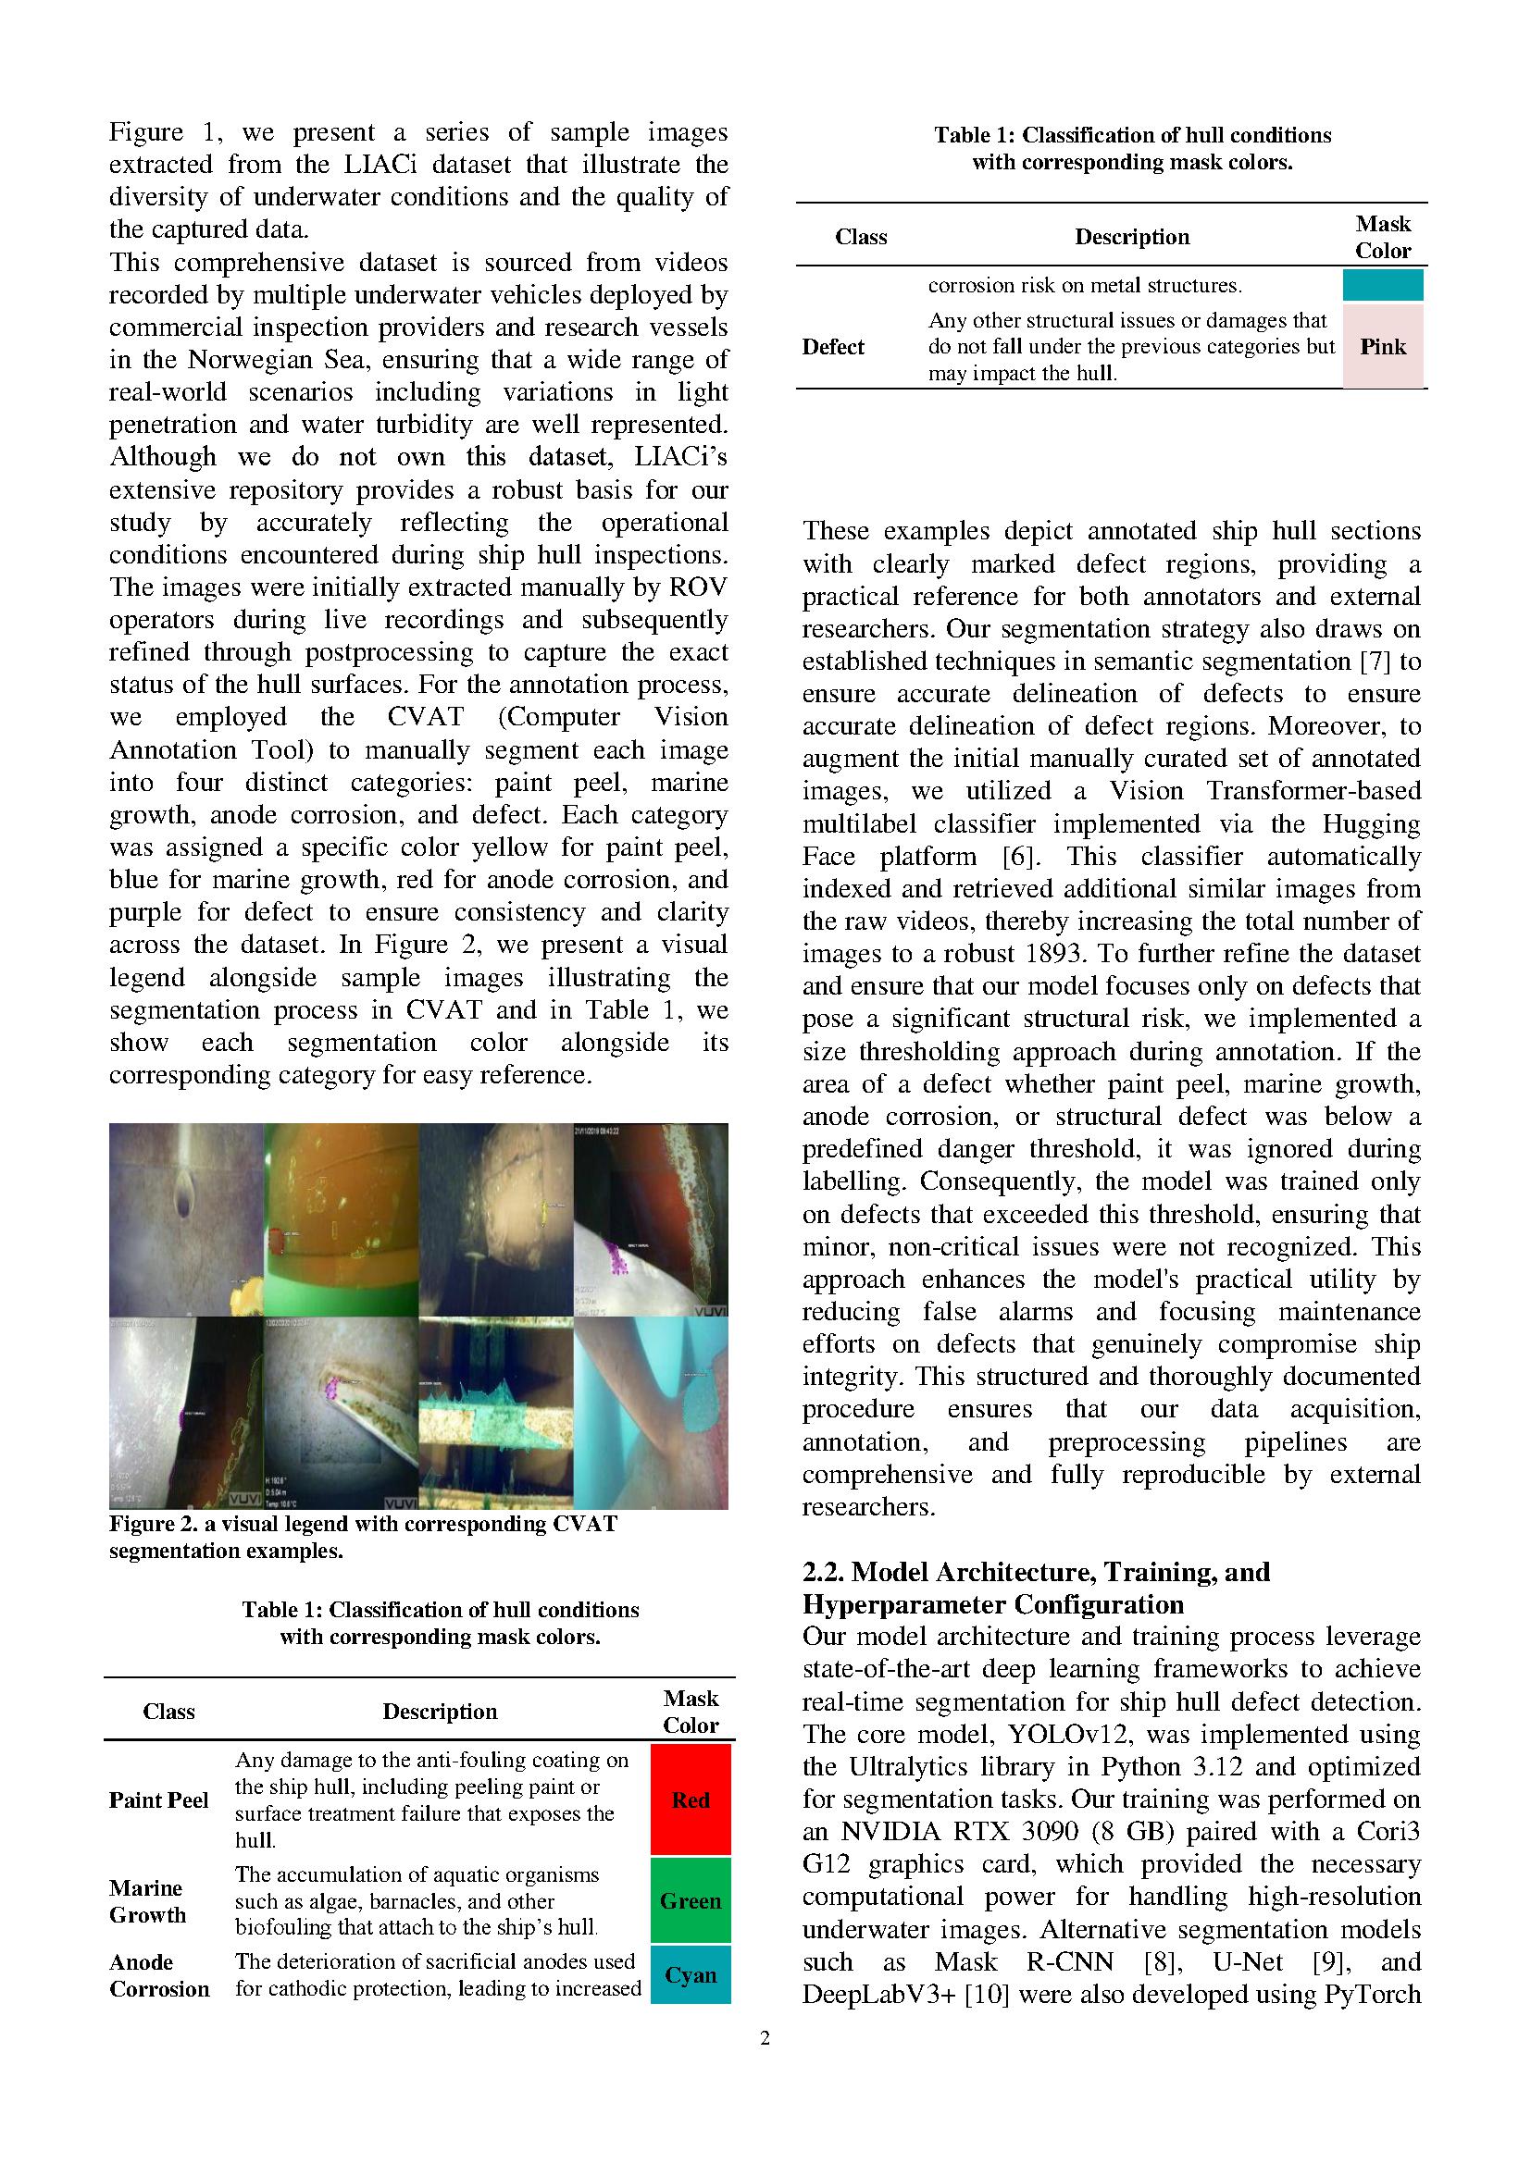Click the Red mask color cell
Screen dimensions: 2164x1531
click(x=691, y=1799)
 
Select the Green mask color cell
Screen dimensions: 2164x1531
click(x=691, y=1900)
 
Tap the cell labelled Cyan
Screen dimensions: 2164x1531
click(x=691, y=1974)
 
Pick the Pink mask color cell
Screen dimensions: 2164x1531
click(x=1382, y=347)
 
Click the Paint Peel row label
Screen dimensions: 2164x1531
click(x=158, y=1800)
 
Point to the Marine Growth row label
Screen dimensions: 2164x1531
click(x=147, y=1901)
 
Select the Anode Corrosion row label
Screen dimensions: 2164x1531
click(x=158, y=1975)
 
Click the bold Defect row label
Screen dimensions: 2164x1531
click(x=832, y=347)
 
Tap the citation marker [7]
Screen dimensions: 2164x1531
click(x=1375, y=661)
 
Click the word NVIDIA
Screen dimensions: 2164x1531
click(x=882, y=1831)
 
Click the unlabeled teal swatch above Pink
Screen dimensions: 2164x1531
click(x=1382, y=285)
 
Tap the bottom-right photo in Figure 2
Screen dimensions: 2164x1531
click(x=651, y=1412)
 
